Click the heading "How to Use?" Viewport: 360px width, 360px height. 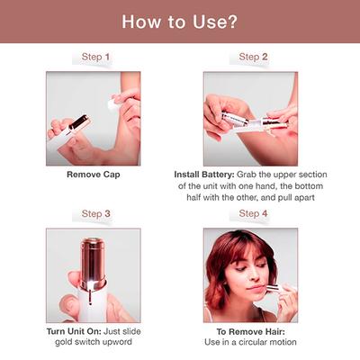[x=180, y=21]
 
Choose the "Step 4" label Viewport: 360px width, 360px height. [x=252, y=213]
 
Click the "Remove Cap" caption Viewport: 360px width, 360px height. [x=94, y=174]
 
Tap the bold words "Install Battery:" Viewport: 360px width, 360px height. [x=207, y=174]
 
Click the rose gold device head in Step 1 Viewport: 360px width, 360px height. [x=79, y=123]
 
